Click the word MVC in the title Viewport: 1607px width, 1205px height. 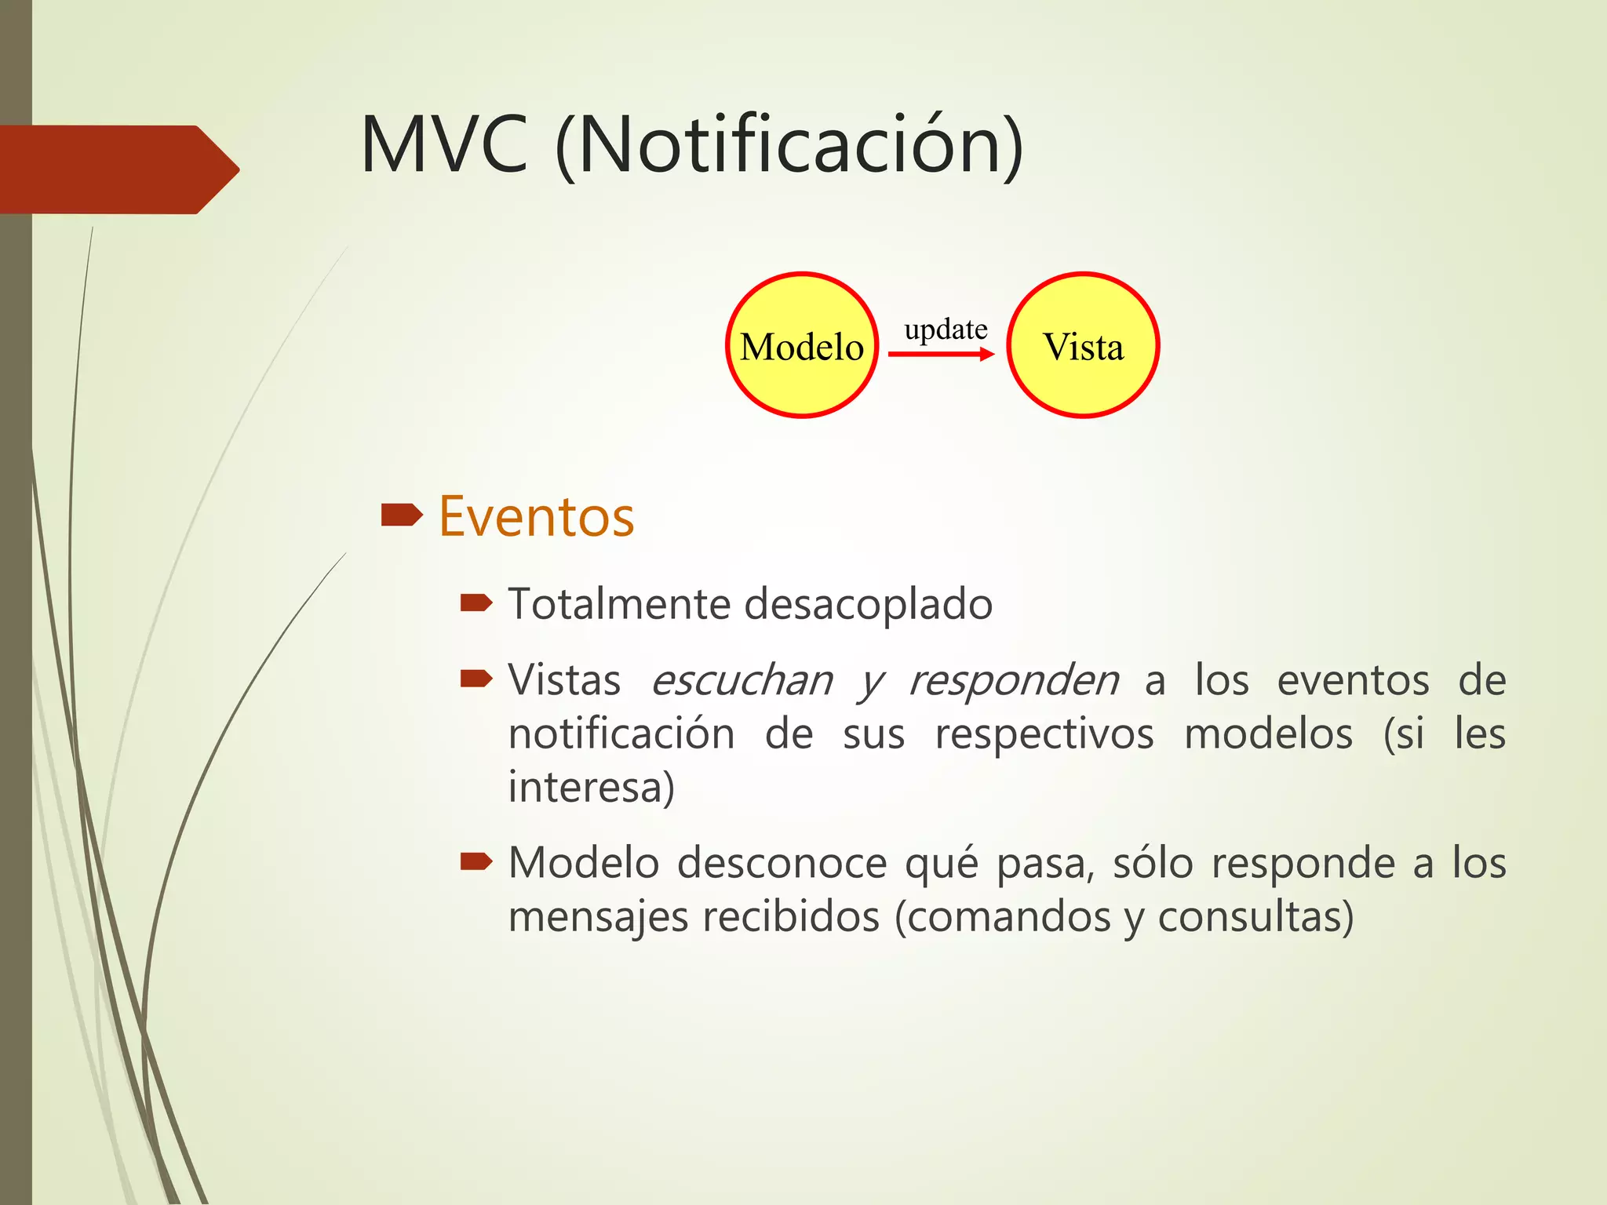(x=444, y=145)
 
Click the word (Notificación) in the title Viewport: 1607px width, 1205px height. (x=789, y=145)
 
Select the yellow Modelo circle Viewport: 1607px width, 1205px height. (x=801, y=345)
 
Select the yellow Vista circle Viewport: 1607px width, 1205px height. (x=1083, y=345)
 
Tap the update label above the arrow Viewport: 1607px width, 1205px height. (x=946, y=329)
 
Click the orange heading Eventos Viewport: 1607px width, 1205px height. (x=536, y=517)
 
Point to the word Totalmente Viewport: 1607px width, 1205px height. (x=619, y=604)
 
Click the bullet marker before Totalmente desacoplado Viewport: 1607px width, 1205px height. (x=476, y=602)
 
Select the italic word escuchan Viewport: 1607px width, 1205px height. (x=742, y=680)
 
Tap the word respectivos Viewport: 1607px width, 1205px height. (x=1044, y=734)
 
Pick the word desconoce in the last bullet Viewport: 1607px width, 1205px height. (x=782, y=863)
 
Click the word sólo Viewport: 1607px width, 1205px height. (x=1153, y=863)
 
